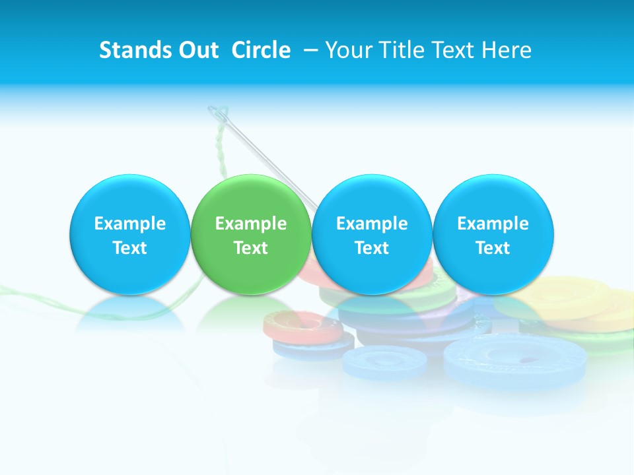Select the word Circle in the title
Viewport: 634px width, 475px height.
click(261, 50)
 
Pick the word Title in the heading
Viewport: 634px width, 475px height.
click(399, 50)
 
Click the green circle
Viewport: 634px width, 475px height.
click(250, 234)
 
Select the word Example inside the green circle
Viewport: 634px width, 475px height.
click(250, 224)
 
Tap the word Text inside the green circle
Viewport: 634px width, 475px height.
click(250, 248)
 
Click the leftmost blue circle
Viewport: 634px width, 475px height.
click(129, 234)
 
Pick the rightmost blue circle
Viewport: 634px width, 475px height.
click(493, 234)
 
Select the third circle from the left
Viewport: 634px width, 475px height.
click(372, 234)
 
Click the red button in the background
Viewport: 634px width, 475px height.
click(300, 325)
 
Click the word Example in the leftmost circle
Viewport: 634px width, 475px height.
click(129, 224)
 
